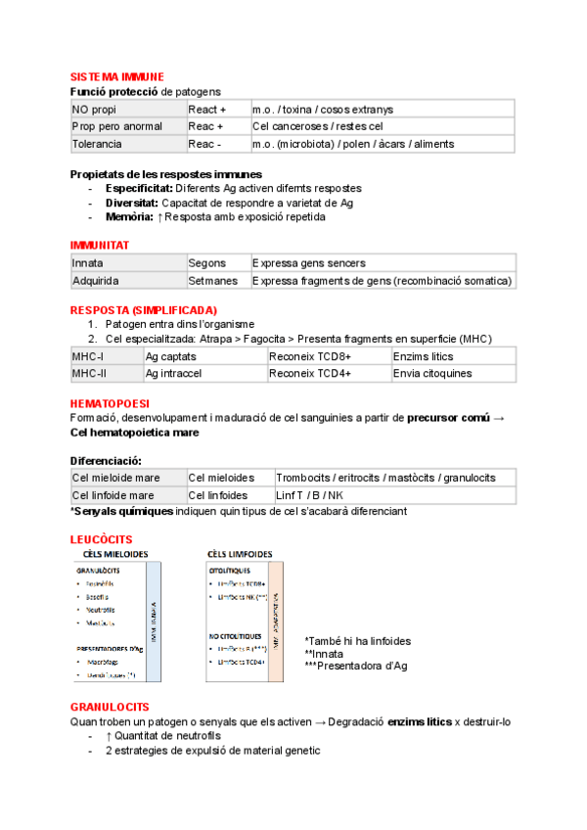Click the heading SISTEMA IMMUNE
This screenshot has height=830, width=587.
pyautogui.click(x=116, y=76)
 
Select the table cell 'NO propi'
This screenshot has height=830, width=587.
pyautogui.click(x=94, y=109)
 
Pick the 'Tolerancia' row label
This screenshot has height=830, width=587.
pyautogui.click(x=97, y=144)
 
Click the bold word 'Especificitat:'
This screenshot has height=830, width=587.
pyautogui.click(x=139, y=188)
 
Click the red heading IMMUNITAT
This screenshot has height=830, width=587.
pyautogui.click(x=100, y=244)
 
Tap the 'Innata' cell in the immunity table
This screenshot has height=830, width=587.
pyautogui.click(x=88, y=262)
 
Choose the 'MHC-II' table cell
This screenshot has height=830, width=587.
pyautogui.click(x=89, y=373)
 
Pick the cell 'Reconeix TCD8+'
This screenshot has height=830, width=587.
pyautogui.click(x=310, y=356)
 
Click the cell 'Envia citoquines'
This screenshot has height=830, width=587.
pyautogui.click(x=432, y=373)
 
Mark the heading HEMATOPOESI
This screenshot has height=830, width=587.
pyautogui.click(x=110, y=403)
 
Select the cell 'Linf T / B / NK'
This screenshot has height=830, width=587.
pyautogui.click(x=309, y=494)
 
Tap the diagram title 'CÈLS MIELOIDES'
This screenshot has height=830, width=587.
pyautogui.click(x=115, y=554)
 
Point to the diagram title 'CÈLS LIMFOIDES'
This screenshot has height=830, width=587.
pyautogui.click(x=244, y=554)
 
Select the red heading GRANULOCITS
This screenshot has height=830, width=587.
pyautogui.click(x=110, y=706)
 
